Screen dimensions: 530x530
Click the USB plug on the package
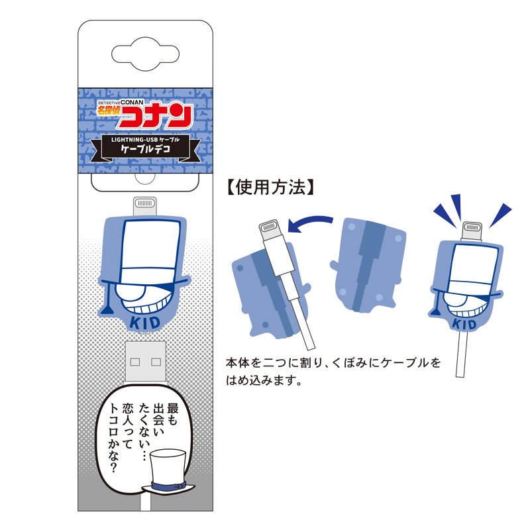coord(145,361)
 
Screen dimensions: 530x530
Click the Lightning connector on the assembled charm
coord(471,230)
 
